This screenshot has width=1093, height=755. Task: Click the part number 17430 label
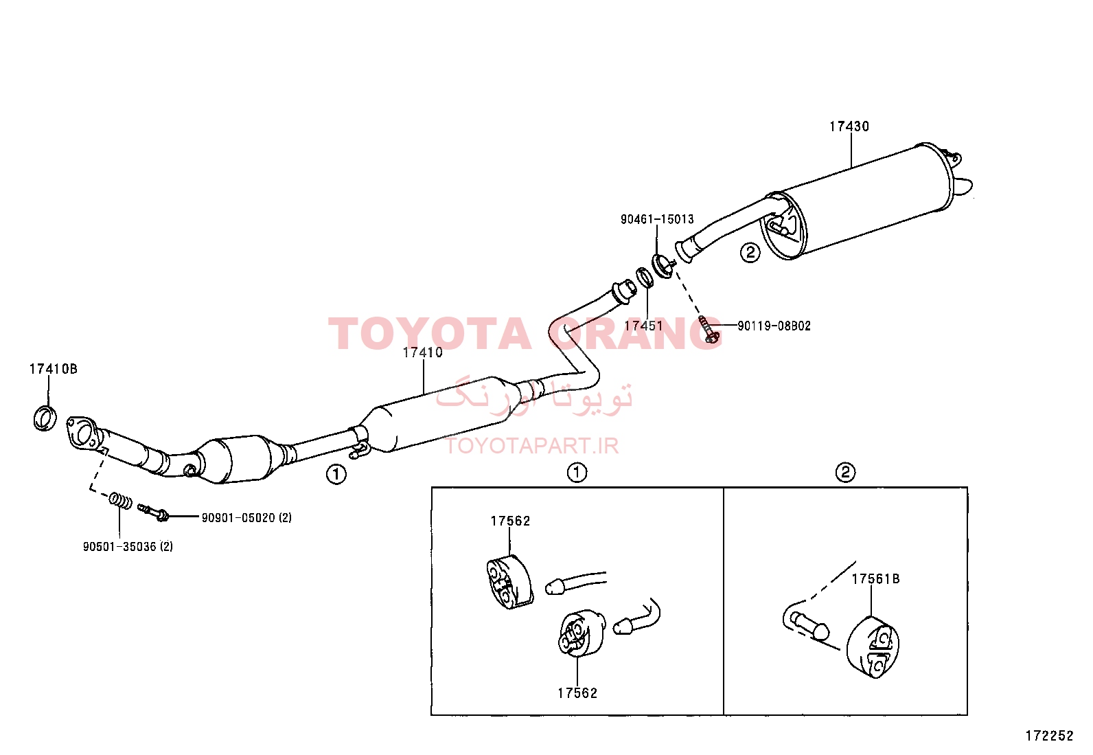(849, 126)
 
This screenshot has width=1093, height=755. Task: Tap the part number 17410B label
(53, 369)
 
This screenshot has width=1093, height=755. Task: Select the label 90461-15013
(657, 219)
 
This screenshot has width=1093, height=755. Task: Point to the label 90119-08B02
(774, 326)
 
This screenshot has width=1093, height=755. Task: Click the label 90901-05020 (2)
(247, 518)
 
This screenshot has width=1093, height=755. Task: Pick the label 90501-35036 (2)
(128, 546)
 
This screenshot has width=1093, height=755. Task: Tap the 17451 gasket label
(643, 326)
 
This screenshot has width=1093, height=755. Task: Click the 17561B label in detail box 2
(875, 578)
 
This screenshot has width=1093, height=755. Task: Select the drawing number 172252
(1049, 736)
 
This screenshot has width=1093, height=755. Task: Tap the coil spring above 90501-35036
(120, 501)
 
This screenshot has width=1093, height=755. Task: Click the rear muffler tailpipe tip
(964, 187)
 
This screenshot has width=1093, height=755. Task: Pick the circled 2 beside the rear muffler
(750, 253)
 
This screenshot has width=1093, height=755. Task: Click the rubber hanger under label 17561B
(873, 648)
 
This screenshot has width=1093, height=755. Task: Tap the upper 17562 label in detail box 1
(510, 521)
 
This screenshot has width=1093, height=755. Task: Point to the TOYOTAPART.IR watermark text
(533, 446)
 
